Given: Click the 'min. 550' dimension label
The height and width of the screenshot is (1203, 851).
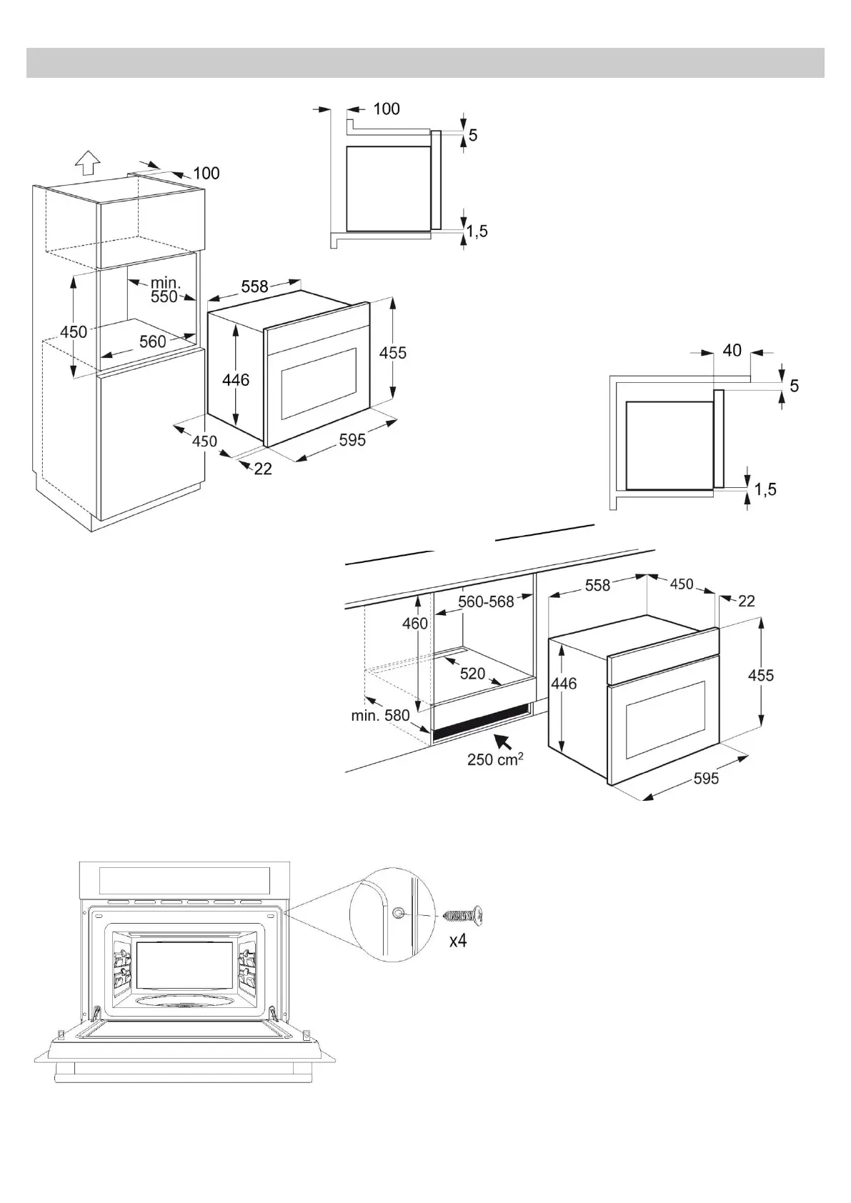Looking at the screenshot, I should (164, 290).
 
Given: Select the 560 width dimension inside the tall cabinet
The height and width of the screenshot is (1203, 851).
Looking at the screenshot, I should (152, 341).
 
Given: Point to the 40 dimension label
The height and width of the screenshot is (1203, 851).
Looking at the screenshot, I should (732, 351).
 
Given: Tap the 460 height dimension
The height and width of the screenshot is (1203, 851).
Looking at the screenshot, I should (414, 623).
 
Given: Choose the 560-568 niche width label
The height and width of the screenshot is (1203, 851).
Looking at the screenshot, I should (486, 601).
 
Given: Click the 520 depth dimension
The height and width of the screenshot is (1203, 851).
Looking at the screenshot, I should (472, 674).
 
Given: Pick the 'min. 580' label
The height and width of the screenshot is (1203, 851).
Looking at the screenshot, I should (380, 714).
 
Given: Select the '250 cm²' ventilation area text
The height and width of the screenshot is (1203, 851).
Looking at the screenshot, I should (495, 759).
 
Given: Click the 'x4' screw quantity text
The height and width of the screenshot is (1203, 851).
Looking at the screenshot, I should (457, 941).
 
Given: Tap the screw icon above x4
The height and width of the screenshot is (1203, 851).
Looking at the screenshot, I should (463, 914).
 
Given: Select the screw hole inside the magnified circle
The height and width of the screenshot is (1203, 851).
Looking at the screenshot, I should (399, 912).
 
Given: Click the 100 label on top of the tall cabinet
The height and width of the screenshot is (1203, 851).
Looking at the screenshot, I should (206, 173).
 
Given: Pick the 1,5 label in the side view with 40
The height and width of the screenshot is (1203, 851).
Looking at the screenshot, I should (765, 489).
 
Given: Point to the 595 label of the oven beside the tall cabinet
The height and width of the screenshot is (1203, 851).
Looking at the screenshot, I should (352, 439).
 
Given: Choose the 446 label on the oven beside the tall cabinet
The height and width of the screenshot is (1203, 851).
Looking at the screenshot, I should (235, 381).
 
